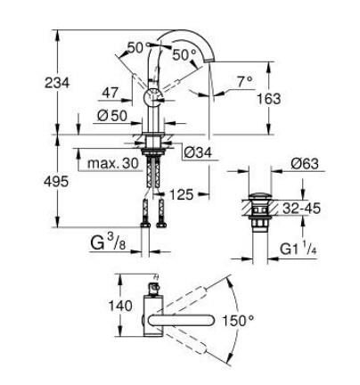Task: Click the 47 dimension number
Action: [110, 92]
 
